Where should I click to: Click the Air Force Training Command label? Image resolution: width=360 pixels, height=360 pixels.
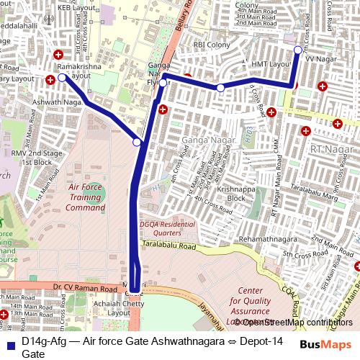85,197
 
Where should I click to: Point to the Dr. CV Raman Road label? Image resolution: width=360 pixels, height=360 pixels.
85,288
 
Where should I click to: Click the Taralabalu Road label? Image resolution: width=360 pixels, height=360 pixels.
169,246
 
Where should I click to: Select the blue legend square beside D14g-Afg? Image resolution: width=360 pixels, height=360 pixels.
9,341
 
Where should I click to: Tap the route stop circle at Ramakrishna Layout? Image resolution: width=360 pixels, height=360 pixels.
62,78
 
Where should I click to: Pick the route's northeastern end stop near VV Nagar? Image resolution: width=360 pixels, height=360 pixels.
298,50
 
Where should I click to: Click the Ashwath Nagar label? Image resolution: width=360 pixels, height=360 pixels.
56,104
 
